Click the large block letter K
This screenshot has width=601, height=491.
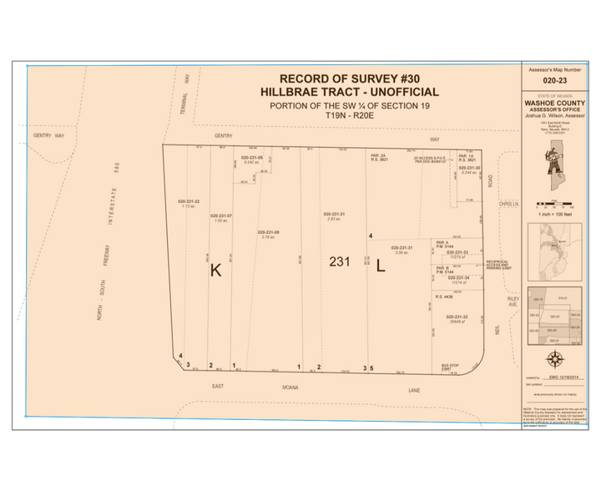tap(215, 270)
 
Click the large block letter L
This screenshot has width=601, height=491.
tap(380, 268)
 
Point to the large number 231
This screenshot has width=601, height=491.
tap(339, 262)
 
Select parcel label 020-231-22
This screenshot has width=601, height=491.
tap(189, 201)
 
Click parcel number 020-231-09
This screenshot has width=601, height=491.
tap(268, 232)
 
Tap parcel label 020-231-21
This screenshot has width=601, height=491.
tap(335, 215)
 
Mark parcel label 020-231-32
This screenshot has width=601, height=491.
tap(462, 316)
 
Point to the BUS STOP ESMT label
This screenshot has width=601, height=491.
tap(452, 367)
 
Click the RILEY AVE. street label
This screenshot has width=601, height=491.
tap(513, 301)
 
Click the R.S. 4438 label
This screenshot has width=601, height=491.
tap(444, 296)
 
